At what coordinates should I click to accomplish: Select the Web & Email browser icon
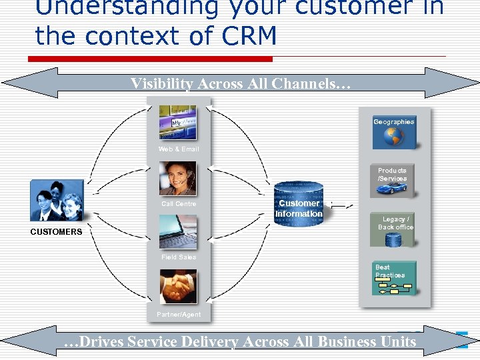[177, 123]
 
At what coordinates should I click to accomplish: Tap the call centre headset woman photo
[177, 178]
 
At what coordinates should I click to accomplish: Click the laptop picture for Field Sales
[177, 232]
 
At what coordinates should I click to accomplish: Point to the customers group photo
[57, 201]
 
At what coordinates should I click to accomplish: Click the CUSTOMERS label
[56, 232]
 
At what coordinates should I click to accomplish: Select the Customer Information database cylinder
[299, 204]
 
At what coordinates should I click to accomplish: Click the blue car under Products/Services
[392, 189]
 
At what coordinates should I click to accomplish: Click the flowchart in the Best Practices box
[393, 287]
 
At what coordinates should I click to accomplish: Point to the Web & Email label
[179, 149]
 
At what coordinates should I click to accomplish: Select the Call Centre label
[179, 204]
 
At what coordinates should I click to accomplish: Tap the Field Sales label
[179, 257]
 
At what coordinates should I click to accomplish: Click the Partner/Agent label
[179, 314]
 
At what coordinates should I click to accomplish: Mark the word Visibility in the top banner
[159, 83]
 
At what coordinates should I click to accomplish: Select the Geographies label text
[393, 122]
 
